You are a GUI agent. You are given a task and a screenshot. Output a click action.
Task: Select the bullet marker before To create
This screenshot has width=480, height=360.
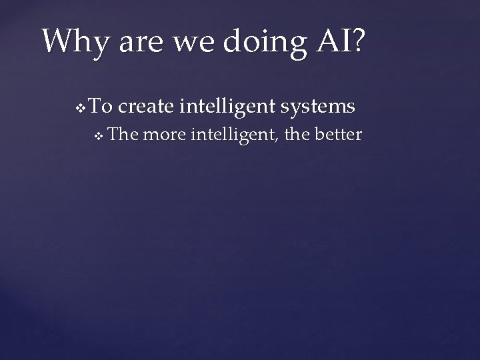coord(81,107)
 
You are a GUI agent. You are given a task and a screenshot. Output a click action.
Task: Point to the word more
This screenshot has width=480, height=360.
coord(164,135)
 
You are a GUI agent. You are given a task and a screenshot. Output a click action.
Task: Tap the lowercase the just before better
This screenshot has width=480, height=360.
coord(297,135)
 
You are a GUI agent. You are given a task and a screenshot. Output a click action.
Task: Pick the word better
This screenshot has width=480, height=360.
coord(338,135)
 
